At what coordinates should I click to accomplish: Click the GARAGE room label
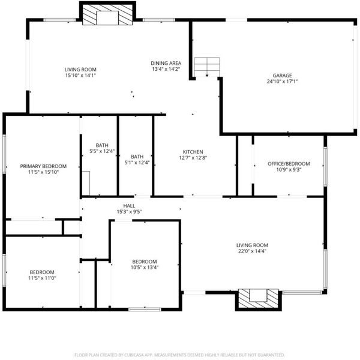(282, 76)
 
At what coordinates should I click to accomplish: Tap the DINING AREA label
(166, 63)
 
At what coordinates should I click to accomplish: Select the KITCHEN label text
(193, 152)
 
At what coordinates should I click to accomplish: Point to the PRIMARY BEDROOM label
(43, 166)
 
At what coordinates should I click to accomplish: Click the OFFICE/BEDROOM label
(289, 164)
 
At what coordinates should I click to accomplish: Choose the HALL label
(129, 206)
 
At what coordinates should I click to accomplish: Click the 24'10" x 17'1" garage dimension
(282, 81)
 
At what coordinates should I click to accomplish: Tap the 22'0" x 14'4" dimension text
(252, 251)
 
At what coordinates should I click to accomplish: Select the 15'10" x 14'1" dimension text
(80, 76)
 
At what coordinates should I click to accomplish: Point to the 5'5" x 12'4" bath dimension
(102, 151)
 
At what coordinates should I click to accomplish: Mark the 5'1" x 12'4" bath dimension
(137, 163)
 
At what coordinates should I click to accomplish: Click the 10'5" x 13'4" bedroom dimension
(145, 267)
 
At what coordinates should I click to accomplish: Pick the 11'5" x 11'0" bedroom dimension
(42, 278)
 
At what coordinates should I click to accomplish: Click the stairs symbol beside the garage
(207, 67)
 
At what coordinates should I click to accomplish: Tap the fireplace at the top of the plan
(107, 14)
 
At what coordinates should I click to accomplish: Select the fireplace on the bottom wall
(258, 299)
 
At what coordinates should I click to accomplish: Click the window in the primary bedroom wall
(4, 154)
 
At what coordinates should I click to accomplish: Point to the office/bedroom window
(325, 166)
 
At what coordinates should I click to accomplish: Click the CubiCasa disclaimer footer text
(179, 355)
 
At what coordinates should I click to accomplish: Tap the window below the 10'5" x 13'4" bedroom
(145, 310)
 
